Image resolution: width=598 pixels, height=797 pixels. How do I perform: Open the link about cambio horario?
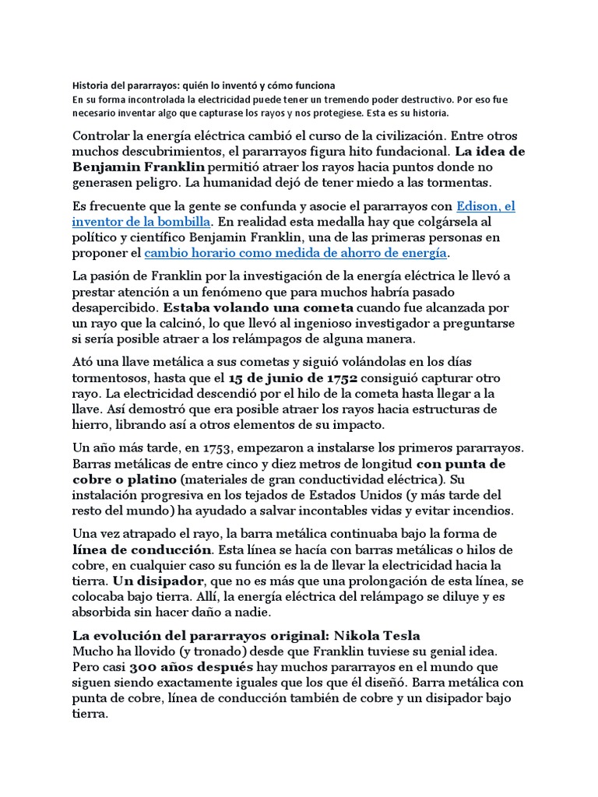(296, 253)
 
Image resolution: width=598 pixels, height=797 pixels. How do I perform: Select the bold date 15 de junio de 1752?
(292, 377)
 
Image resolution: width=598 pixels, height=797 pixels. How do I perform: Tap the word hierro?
(92, 424)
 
